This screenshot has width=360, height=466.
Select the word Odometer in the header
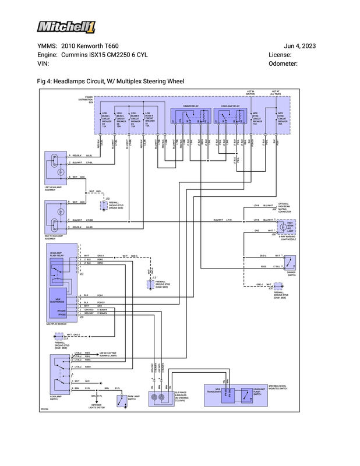(283, 63)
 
